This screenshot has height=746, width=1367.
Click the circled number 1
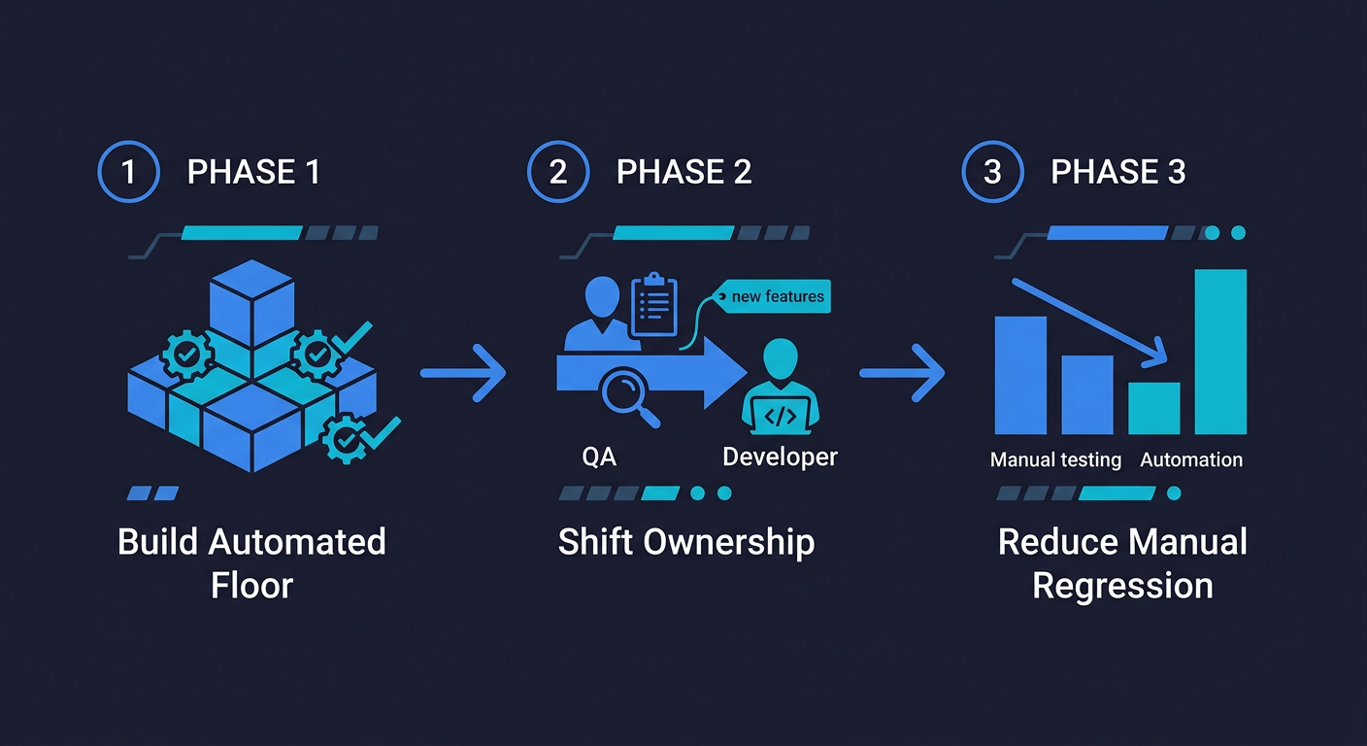coord(128,172)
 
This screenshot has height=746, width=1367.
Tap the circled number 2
coord(557,172)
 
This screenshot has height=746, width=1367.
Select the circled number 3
coord(991,172)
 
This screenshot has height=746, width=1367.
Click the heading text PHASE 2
coord(683,172)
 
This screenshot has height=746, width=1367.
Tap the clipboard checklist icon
coord(653,306)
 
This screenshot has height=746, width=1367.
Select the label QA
coord(599,457)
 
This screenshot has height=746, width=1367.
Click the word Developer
coord(780,456)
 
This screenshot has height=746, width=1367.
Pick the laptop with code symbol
coord(782,417)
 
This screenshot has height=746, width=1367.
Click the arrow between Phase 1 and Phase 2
coord(463,372)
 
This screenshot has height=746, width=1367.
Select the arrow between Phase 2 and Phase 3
coord(902,372)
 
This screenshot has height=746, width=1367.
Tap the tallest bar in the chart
coord(1220,352)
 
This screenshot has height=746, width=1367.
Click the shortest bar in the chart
coord(1153,408)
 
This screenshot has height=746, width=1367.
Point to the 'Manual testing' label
coord(1055,459)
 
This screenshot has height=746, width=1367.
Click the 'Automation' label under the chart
coord(1191,459)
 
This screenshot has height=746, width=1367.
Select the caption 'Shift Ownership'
coord(685,542)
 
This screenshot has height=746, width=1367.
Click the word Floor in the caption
coord(251,586)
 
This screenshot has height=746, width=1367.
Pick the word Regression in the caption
coord(1122,586)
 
